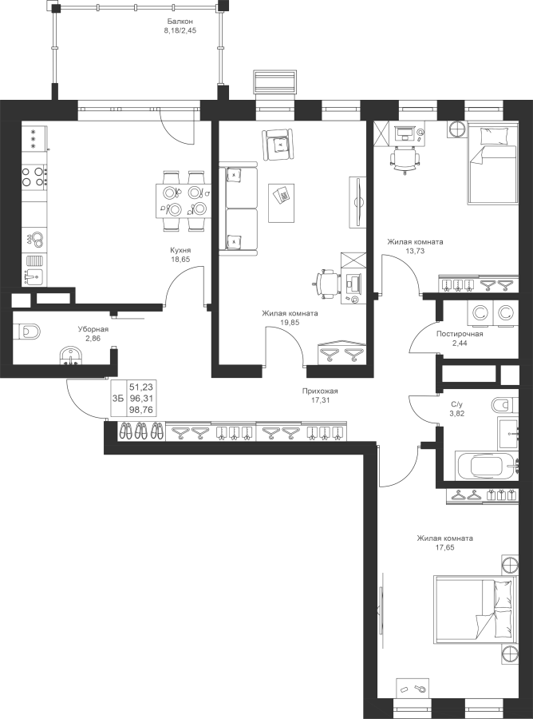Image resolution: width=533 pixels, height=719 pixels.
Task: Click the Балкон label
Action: pyautogui.click(x=180, y=21)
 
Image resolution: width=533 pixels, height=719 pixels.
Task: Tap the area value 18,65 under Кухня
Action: pyautogui.click(x=180, y=259)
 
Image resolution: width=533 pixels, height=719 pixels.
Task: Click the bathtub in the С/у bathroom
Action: pyautogui.click(x=487, y=466)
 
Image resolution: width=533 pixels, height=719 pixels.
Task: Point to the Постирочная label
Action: pyautogui.click(x=460, y=334)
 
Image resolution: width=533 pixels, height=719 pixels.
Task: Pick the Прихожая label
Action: pyautogui.click(x=320, y=391)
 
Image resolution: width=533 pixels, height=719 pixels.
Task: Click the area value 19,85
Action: pyautogui.click(x=290, y=322)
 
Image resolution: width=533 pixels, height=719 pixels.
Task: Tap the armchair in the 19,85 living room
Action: pyautogui.click(x=278, y=145)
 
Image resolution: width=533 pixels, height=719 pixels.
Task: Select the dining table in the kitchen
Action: pyautogui.click(x=183, y=201)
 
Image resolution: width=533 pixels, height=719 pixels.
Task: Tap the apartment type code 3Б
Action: pyautogui.click(x=117, y=398)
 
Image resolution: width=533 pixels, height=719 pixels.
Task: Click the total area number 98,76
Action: pyautogui.click(x=140, y=410)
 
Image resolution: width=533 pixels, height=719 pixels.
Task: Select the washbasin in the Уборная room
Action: pyautogui.click(x=70, y=356)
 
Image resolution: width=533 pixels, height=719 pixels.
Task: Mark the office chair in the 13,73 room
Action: pyautogui.click(x=405, y=159)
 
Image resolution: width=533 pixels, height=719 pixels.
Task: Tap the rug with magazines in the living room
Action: pyautogui.click(x=281, y=203)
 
